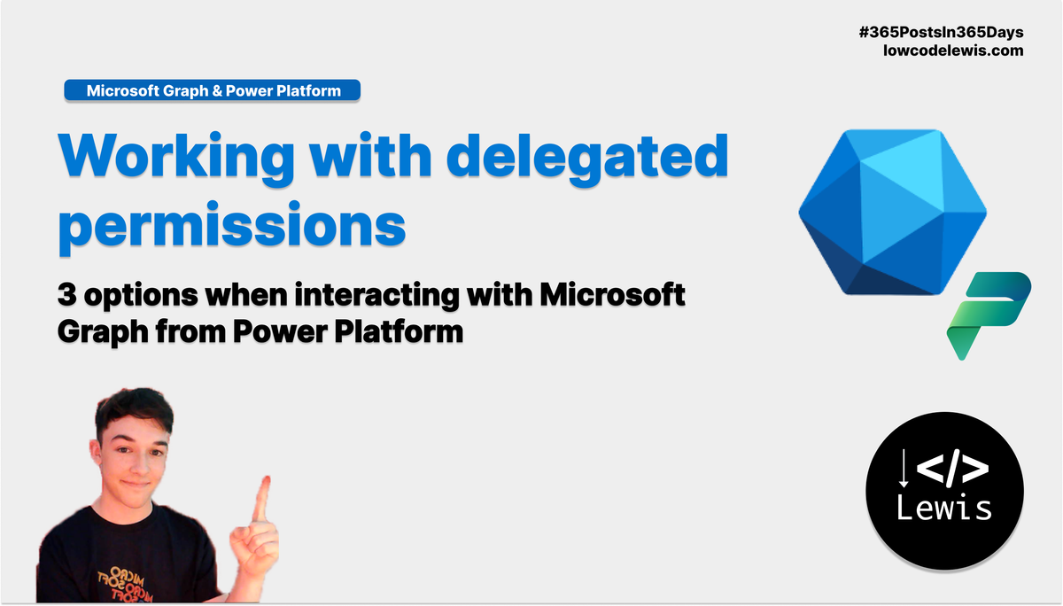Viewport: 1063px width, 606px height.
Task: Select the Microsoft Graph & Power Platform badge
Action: [x=213, y=90]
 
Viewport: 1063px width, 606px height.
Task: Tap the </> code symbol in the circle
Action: [x=952, y=469]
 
